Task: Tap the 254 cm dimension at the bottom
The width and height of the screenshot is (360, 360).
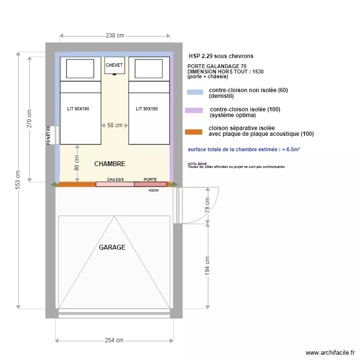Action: [x=114, y=340]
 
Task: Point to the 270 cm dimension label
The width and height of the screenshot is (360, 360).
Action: [x=30, y=120]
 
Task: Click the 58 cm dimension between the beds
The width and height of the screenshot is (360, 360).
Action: [x=114, y=125]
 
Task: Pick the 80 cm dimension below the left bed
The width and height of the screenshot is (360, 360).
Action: [x=77, y=164]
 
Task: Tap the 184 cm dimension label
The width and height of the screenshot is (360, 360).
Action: [x=208, y=265]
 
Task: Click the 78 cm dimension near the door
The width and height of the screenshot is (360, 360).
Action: [x=208, y=205]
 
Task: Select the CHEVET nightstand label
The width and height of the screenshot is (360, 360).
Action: [x=114, y=65]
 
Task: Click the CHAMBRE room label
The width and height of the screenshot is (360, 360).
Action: [x=109, y=164]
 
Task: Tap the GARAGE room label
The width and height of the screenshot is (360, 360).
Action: [x=112, y=247]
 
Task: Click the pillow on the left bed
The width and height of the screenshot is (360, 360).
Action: [x=80, y=69]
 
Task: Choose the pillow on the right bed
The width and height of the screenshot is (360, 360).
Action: [x=149, y=69]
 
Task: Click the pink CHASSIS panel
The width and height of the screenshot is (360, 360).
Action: [x=115, y=184]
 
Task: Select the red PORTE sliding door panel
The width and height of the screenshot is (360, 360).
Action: [x=150, y=184]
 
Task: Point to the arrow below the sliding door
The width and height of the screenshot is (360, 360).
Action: [x=154, y=191]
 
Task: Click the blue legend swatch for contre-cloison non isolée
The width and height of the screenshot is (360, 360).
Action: [x=194, y=92]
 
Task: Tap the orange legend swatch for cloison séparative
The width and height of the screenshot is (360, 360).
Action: [x=194, y=131]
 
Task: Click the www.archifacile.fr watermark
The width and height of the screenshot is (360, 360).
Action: [x=329, y=352]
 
